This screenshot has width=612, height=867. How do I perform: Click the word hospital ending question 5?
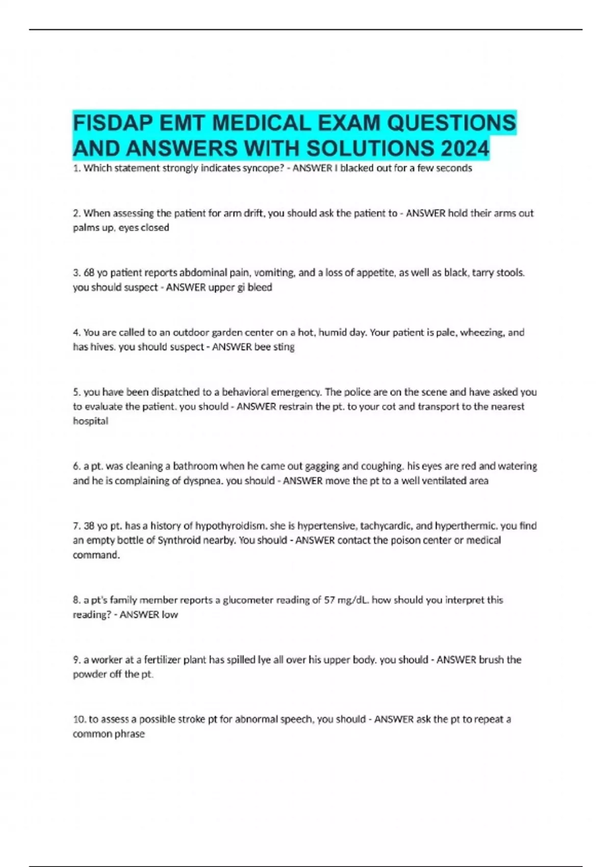click(x=90, y=421)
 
